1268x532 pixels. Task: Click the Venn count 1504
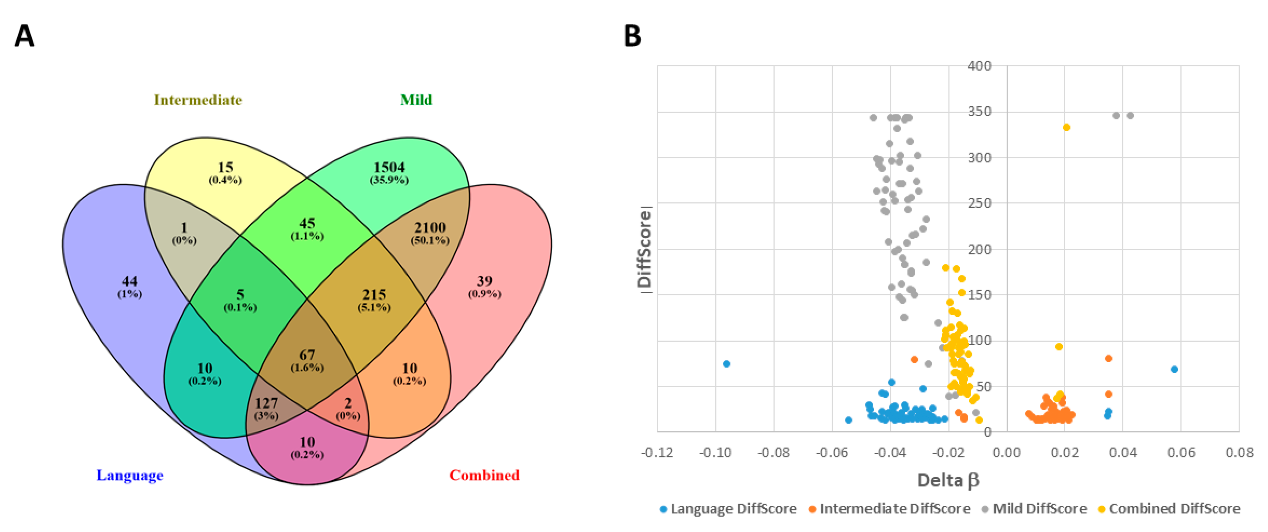389,167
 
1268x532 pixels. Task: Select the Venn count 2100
430,228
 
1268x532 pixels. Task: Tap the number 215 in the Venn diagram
374,294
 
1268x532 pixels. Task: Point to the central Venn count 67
307,355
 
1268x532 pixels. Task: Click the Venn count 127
266,403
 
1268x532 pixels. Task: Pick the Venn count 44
129,281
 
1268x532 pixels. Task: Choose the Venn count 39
484,281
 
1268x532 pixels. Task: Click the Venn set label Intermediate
198,100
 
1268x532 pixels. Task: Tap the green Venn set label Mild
416,100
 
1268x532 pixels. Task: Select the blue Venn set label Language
129,475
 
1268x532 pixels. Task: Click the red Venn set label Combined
484,475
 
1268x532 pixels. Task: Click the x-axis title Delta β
948,480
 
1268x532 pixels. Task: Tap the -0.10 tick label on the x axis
715,452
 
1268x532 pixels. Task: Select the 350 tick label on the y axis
979,112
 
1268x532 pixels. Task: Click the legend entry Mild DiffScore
1039,508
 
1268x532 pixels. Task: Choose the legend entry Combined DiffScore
1174,508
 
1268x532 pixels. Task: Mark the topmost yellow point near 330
1067,128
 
